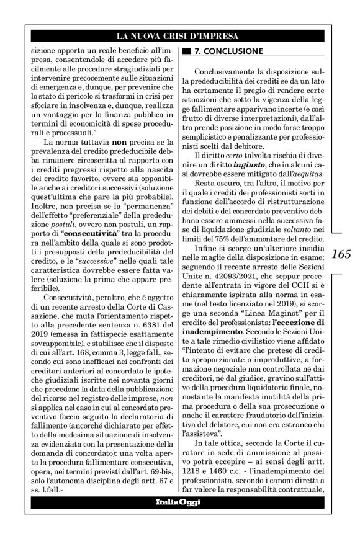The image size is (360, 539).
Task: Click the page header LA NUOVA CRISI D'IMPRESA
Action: click(x=179, y=37)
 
